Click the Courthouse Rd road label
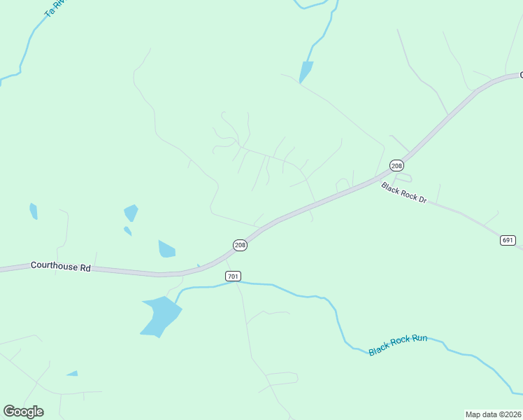[x=61, y=267]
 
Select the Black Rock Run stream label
[x=398, y=344]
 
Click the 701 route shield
[x=234, y=276]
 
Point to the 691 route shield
[x=508, y=240]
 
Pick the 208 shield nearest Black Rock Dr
[x=397, y=165]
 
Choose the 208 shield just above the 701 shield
[x=240, y=244]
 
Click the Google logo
[x=23, y=412]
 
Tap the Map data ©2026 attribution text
[x=492, y=414]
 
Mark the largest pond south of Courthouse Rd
[x=161, y=315]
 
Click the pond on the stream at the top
[x=306, y=71]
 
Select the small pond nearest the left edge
[x=34, y=211]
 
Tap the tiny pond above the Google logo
[x=72, y=374]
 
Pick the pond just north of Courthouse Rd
[x=166, y=249]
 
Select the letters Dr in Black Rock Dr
[x=422, y=199]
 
